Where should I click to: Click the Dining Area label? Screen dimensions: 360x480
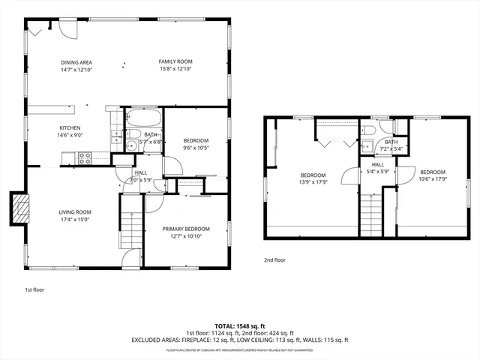click(76, 61)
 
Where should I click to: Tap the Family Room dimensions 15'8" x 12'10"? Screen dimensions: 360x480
click(175, 69)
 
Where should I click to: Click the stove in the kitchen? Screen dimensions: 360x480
click(85, 158)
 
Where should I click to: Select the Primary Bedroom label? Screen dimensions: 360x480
click(186, 229)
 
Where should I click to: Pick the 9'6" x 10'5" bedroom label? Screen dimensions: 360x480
click(196, 140)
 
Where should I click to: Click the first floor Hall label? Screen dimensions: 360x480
click(141, 172)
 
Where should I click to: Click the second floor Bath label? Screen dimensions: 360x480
click(391, 141)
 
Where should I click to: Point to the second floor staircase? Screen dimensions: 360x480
click(370, 214)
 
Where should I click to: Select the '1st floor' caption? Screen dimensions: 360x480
click(34, 289)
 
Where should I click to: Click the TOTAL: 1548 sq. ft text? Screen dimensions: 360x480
click(240, 325)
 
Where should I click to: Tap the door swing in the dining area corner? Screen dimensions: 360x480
click(67, 29)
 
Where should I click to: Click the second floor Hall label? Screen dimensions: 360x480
click(377, 164)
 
